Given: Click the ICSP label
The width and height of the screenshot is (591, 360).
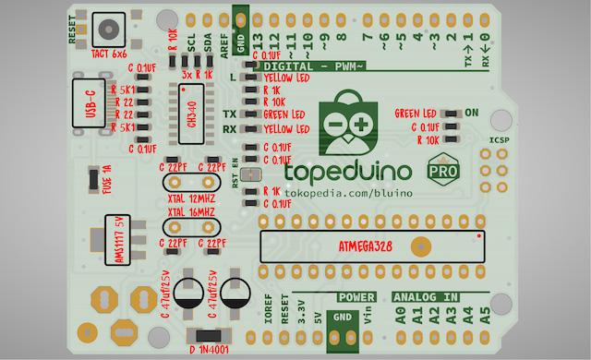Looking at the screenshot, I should click(x=499, y=140).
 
